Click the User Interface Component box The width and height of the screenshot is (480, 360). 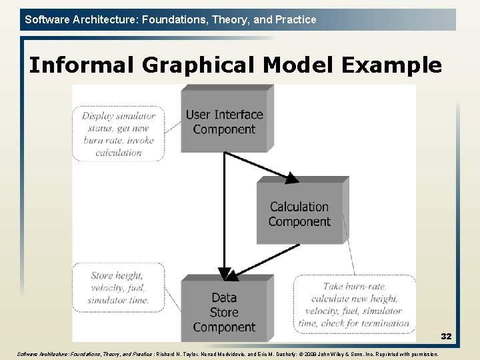click(x=224, y=121)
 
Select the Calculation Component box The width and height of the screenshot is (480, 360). click(x=299, y=213)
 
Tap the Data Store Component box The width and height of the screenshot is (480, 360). click(x=224, y=312)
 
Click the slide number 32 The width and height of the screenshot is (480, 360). click(x=446, y=337)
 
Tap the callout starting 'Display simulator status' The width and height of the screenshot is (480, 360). click(x=118, y=133)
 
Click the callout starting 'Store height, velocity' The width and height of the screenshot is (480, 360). click(x=117, y=287)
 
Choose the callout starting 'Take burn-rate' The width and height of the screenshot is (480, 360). click(x=354, y=304)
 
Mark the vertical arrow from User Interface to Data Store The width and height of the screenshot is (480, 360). click(x=225, y=213)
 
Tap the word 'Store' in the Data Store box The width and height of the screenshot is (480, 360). click(x=224, y=312)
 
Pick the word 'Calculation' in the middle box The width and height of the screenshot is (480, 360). click(x=299, y=207)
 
